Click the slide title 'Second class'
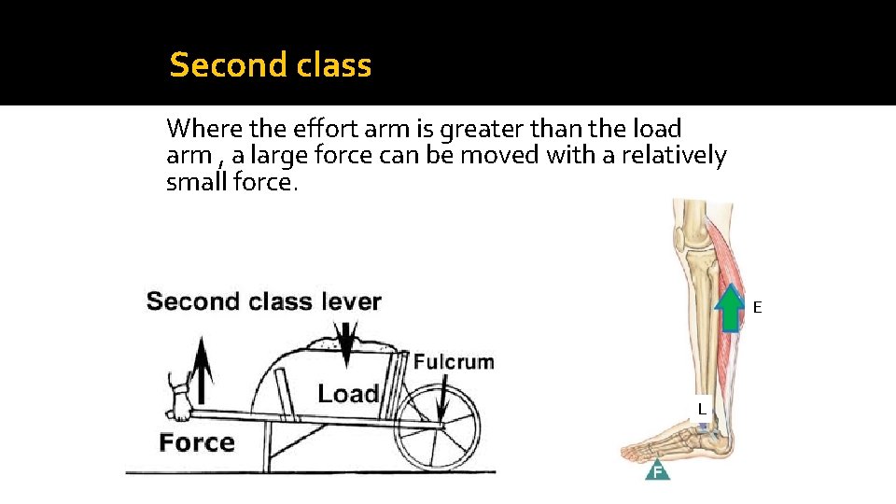point(271,65)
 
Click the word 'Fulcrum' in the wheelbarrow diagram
point(454,362)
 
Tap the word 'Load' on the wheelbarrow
point(348,394)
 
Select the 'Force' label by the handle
point(196,441)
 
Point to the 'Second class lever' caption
point(264,301)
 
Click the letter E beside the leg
point(758,307)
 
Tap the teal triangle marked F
point(658,469)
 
